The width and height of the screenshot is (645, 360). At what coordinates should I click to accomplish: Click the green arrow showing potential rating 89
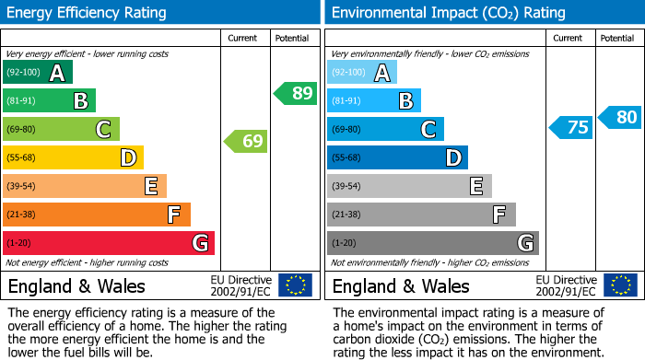(x=296, y=93)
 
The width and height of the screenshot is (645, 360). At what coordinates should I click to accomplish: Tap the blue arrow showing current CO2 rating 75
(x=570, y=127)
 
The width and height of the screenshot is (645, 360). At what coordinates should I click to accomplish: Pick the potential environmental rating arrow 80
(x=619, y=117)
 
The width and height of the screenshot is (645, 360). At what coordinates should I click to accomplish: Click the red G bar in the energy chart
(x=109, y=243)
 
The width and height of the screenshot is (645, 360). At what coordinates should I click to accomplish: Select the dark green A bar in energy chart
(x=38, y=73)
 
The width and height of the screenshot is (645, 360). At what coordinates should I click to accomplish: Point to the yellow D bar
(x=73, y=158)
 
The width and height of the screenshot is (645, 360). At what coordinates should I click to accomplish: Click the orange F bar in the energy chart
(x=97, y=215)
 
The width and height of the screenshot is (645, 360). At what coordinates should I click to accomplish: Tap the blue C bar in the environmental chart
(x=385, y=130)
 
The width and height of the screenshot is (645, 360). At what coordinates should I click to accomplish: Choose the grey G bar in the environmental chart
(x=432, y=243)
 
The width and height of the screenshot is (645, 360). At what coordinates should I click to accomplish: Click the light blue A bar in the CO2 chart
(x=362, y=73)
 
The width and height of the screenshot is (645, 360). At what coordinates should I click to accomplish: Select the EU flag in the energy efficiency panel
(x=295, y=285)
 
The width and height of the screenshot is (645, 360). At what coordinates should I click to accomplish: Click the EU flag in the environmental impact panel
(x=621, y=285)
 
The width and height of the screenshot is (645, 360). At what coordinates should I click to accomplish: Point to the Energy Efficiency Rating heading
(x=88, y=13)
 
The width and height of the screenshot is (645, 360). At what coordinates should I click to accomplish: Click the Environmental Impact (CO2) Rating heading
(x=448, y=13)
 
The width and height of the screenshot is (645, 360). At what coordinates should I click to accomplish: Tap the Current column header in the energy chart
(x=243, y=38)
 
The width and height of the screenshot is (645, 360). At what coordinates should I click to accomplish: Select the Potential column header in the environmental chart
(x=616, y=38)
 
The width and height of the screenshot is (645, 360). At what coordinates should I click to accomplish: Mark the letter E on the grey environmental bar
(x=476, y=186)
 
